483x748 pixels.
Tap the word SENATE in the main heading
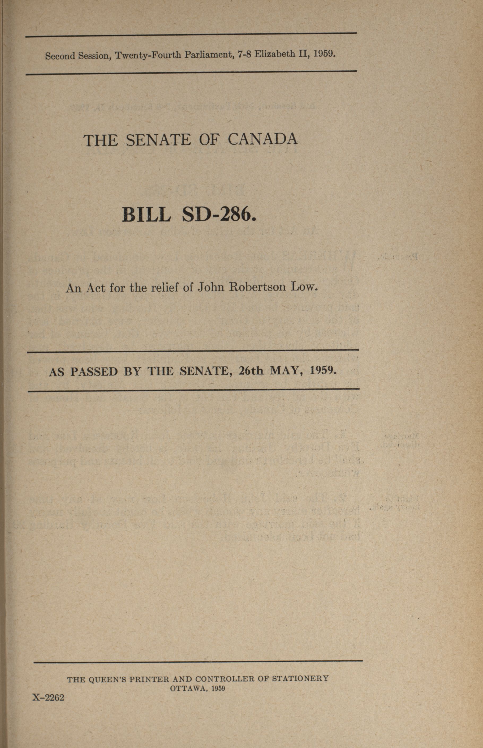pyautogui.click(x=158, y=140)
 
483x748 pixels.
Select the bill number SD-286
pyautogui.click(x=218, y=215)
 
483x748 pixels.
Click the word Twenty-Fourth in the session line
pyautogui.click(x=148, y=55)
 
